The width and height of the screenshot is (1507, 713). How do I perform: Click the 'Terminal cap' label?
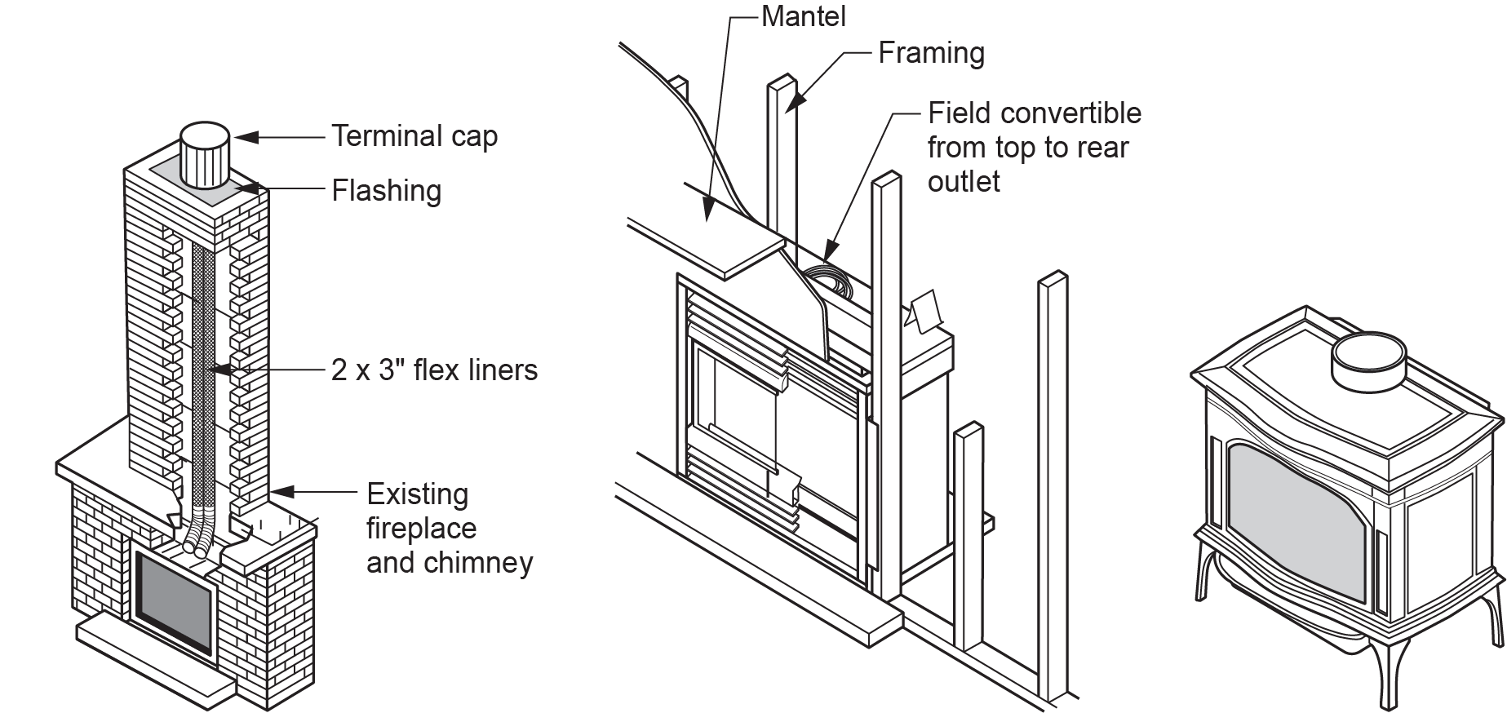tap(414, 136)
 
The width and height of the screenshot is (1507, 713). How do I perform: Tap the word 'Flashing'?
tap(386, 191)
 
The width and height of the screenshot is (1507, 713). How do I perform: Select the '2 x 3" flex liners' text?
tap(434, 370)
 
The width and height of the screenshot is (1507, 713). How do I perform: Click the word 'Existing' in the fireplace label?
tap(417, 494)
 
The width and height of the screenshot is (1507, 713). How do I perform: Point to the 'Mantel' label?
tap(803, 16)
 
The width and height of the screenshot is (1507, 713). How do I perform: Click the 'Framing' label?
tap(931, 53)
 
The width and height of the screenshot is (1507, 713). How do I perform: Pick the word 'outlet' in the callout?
tap(964, 181)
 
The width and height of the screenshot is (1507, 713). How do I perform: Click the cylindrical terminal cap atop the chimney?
tap(203, 155)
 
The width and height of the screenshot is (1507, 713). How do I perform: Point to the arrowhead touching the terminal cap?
tap(246, 137)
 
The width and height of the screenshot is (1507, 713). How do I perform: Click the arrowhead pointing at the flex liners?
tap(215, 370)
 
